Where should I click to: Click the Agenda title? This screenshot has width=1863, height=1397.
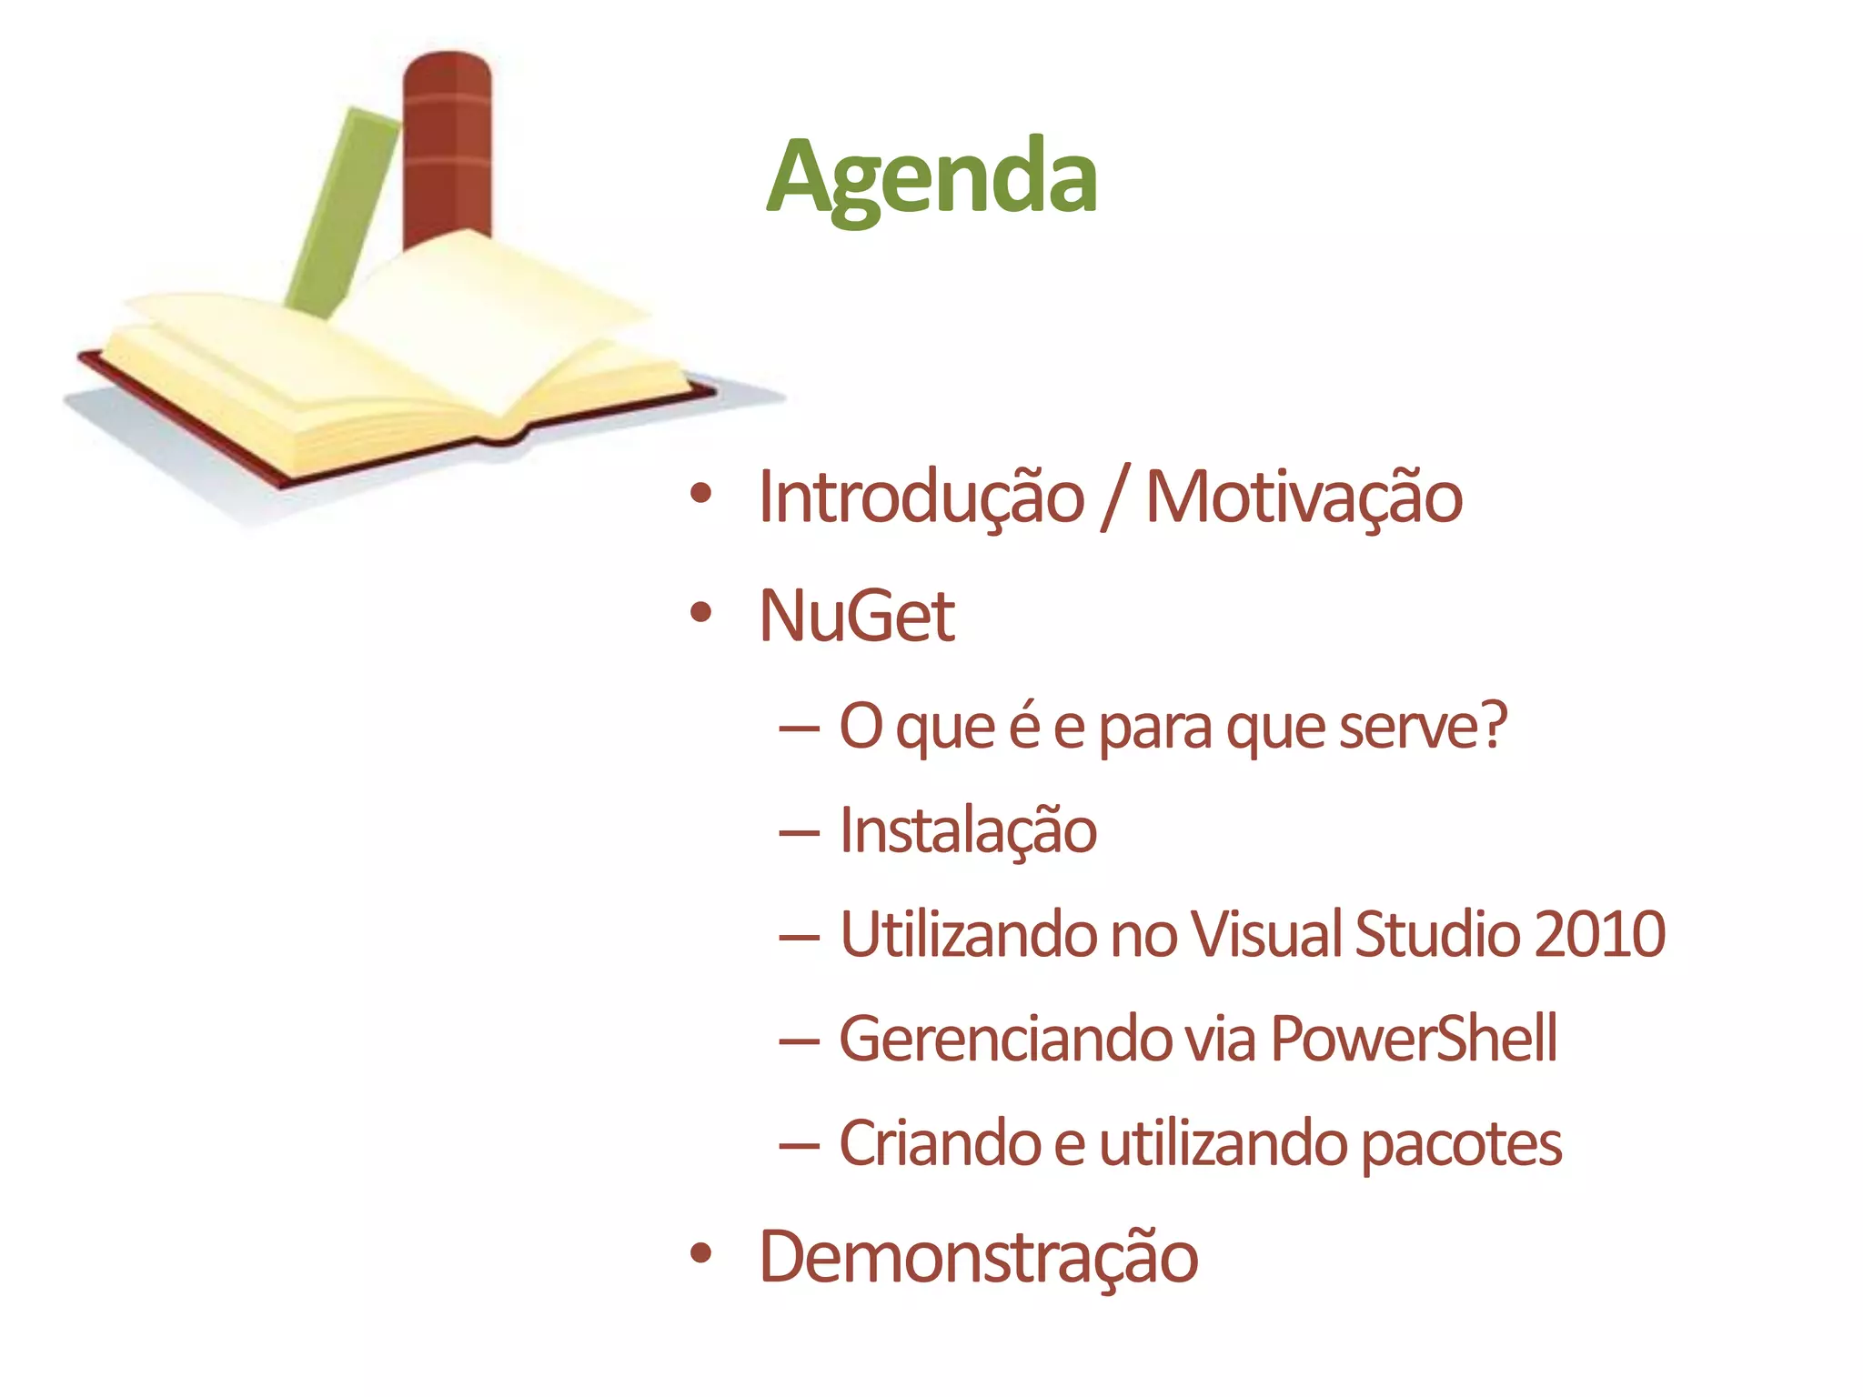tap(931, 176)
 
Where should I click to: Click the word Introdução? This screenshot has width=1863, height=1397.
tap(921, 497)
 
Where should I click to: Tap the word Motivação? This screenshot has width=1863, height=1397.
tap(1303, 497)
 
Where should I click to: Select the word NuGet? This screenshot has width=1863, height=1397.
tap(856, 616)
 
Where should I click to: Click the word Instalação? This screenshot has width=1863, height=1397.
tap(967, 830)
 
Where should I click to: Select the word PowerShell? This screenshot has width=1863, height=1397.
tap(1413, 1038)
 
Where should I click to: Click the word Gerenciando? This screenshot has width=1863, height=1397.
tap(1004, 1038)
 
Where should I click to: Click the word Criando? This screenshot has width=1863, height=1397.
tap(939, 1143)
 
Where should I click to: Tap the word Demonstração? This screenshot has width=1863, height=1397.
tap(978, 1258)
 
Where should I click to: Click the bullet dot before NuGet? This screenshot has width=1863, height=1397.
tap(700, 612)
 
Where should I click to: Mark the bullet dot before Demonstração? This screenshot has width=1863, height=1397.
tap(700, 1253)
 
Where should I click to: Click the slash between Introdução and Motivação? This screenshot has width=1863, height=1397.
tap(1114, 497)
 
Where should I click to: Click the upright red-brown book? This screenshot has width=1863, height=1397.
tap(447, 146)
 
